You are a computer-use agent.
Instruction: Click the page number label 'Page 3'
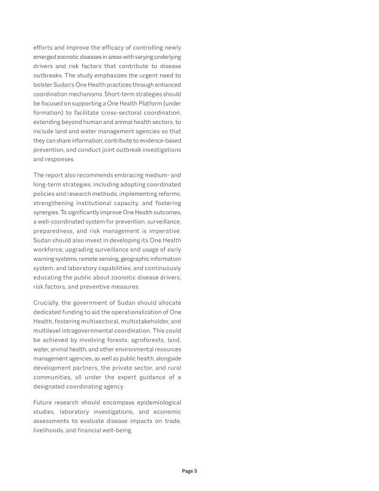pos(189,471)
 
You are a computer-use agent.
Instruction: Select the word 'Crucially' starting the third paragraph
pos(48,303)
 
